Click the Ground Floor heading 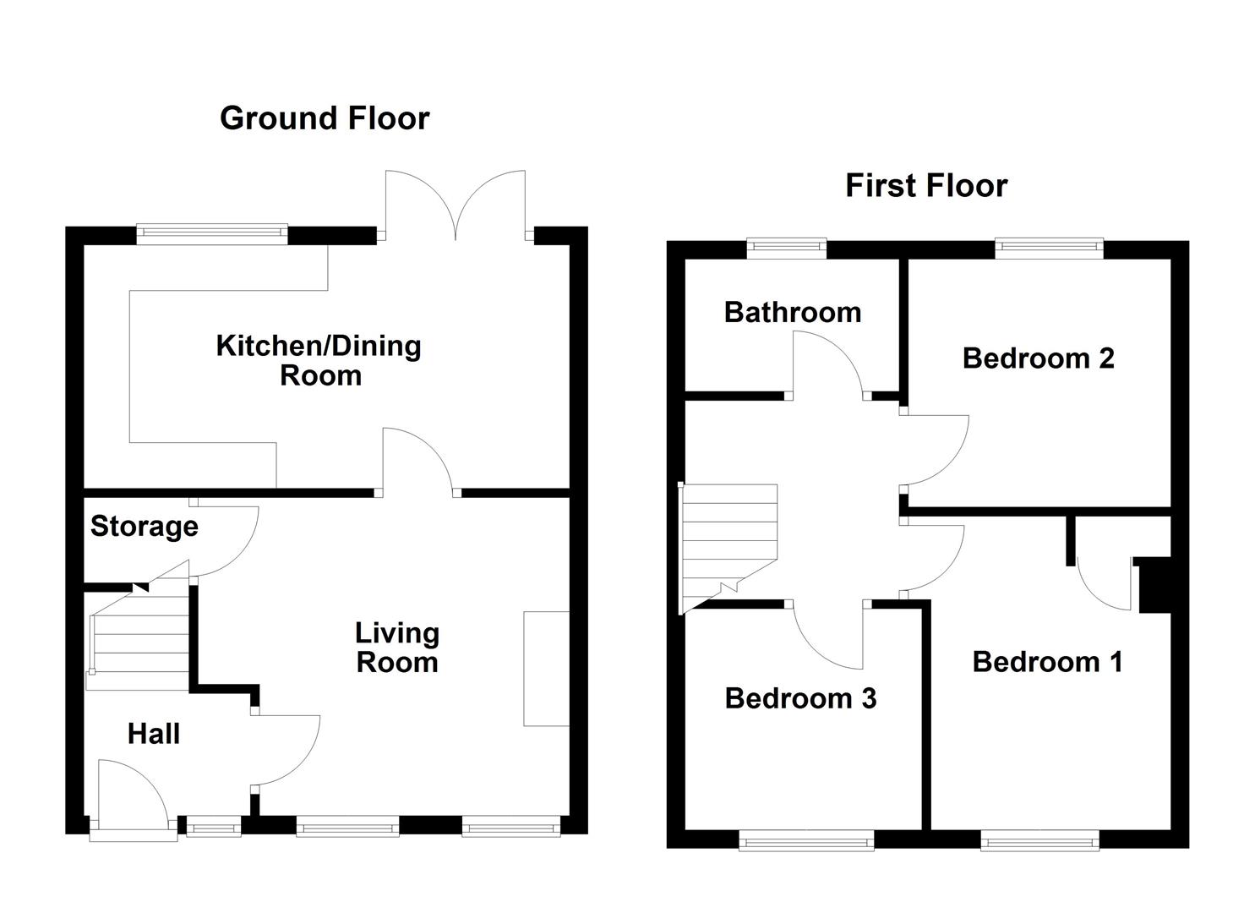(325, 119)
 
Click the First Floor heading (926, 185)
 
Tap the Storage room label (144, 527)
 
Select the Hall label (154, 734)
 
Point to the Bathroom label (792, 312)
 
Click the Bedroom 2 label (1038, 358)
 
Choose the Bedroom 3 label (800, 698)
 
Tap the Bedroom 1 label (1047, 662)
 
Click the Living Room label (397, 648)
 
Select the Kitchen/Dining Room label (319, 360)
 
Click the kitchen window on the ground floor (212, 235)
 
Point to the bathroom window (787, 249)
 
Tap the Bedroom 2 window (1049, 249)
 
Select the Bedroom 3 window (806, 840)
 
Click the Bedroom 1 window (1039, 840)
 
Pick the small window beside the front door (214, 826)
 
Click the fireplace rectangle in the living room (546, 669)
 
